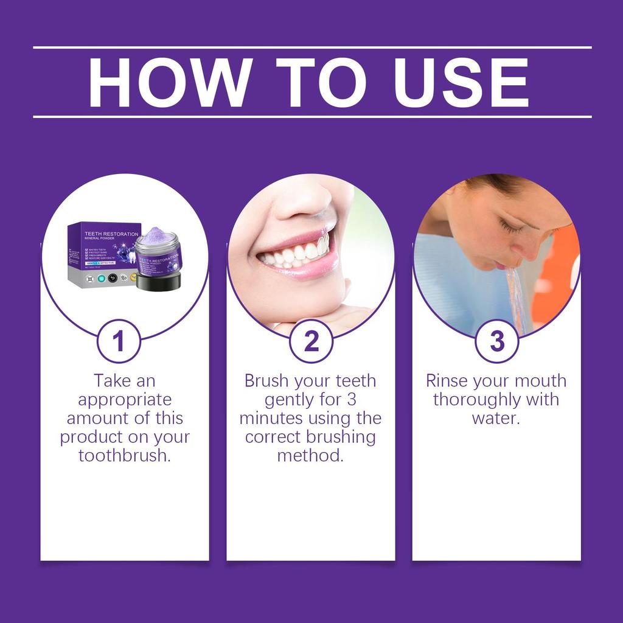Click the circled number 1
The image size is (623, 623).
119,341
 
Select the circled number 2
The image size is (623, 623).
311,341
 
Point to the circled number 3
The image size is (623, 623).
497,341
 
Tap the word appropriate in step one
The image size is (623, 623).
125,400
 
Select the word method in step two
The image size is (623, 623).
310,456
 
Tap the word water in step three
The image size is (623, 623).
495,419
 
